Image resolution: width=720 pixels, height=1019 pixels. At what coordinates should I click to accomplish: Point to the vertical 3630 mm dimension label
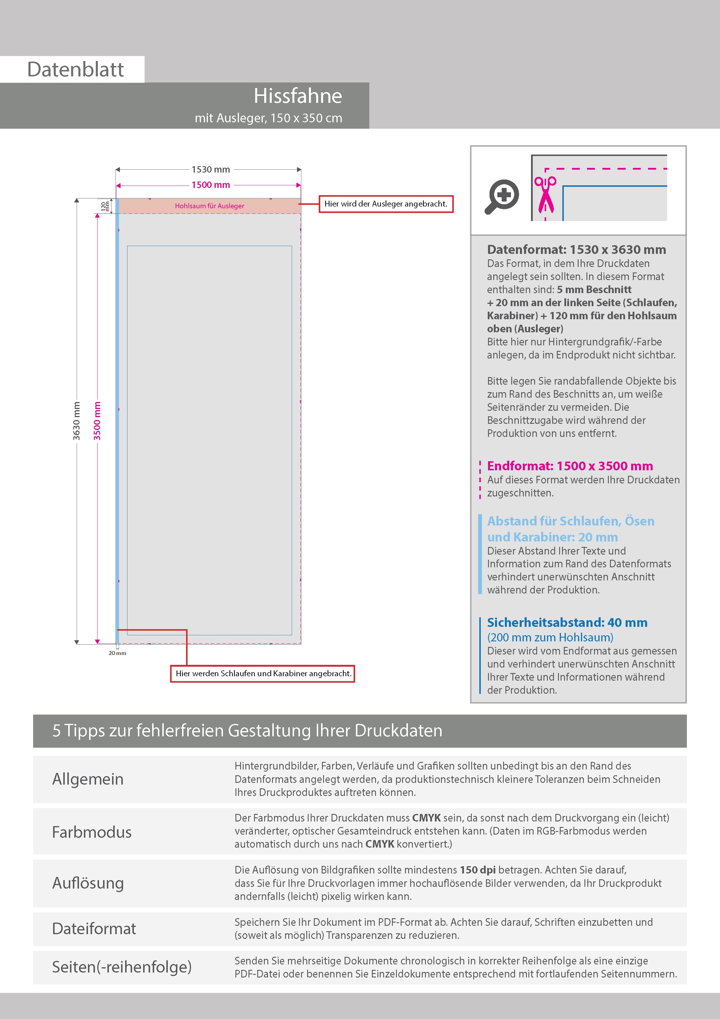(x=77, y=421)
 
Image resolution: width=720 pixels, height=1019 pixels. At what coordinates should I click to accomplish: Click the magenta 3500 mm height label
(x=97, y=421)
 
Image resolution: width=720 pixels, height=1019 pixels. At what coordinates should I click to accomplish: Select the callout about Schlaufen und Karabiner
(x=263, y=673)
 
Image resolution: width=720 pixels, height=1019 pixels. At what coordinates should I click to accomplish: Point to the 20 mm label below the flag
(x=117, y=653)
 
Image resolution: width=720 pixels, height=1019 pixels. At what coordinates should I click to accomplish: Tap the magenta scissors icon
(x=545, y=194)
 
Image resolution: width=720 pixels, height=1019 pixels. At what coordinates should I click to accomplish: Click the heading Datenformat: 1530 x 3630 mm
(x=576, y=250)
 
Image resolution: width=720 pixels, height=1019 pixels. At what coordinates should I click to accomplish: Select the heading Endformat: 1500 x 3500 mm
(x=570, y=466)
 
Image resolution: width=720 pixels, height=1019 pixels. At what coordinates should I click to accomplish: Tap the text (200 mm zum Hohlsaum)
(x=550, y=637)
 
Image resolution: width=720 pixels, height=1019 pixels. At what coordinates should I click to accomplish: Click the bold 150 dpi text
(x=478, y=870)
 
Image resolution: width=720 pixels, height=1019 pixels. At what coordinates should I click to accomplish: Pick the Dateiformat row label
(x=94, y=928)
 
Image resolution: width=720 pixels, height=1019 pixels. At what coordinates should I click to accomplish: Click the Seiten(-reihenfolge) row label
(x=122, y=967)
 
